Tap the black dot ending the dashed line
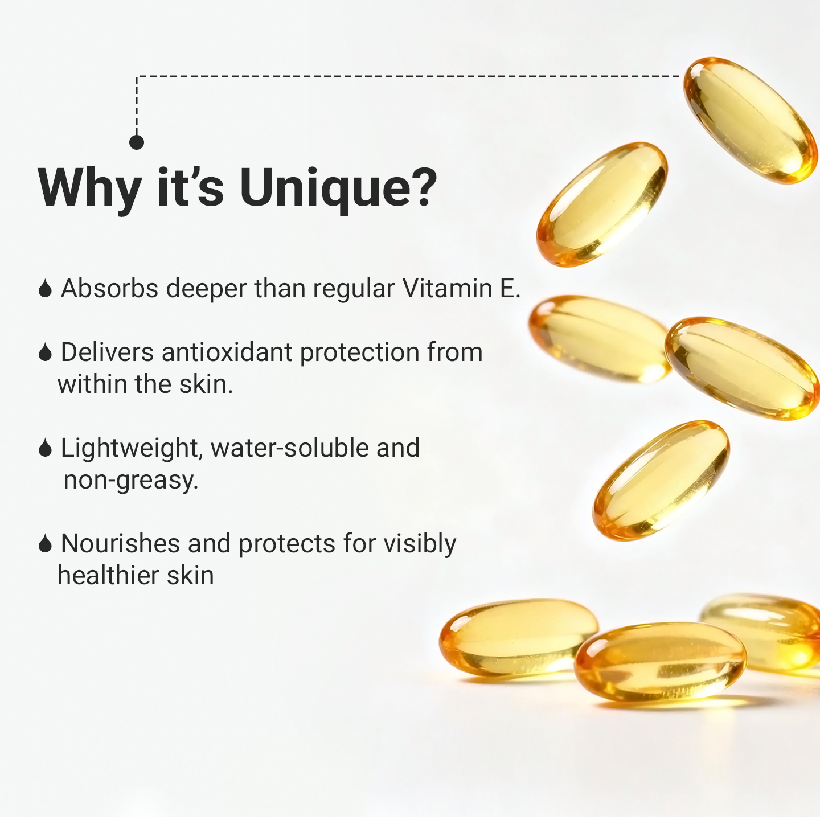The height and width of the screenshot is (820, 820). (x=136, y=142)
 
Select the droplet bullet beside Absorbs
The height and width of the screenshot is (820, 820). (x=45, y=288)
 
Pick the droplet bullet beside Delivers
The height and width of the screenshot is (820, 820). (x=45, y=352)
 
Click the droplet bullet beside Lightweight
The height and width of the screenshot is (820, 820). (x=45, y=448)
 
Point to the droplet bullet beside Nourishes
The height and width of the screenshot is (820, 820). (x=45, y=543)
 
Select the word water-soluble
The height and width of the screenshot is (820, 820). (x=289, y=448)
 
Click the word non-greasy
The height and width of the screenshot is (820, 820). (x=131, y=481)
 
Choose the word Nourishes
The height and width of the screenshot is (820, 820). (x=120, y=543)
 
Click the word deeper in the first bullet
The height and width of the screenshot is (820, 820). (x=206, y=289)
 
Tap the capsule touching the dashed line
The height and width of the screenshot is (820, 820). (x=751, y=120)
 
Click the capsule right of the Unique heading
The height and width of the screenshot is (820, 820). (x=602, y=204)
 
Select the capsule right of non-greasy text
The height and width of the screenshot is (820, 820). (x=661, y=481)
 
